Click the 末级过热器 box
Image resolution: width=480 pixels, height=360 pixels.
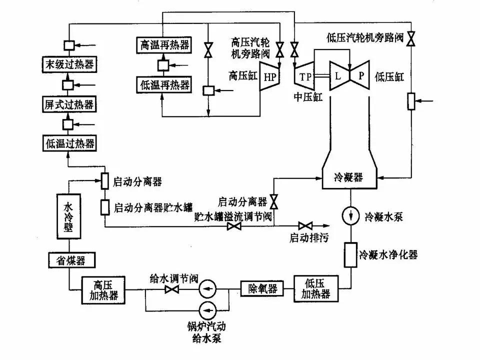[68, 64]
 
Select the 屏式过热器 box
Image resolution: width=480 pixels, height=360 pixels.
[68, 104]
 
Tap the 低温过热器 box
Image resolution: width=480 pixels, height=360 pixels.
[68, 143]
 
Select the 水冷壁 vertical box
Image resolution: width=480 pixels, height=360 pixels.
[68, 216]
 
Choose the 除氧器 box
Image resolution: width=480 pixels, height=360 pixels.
[262, 288]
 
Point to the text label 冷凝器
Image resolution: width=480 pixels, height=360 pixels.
[348, 177]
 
